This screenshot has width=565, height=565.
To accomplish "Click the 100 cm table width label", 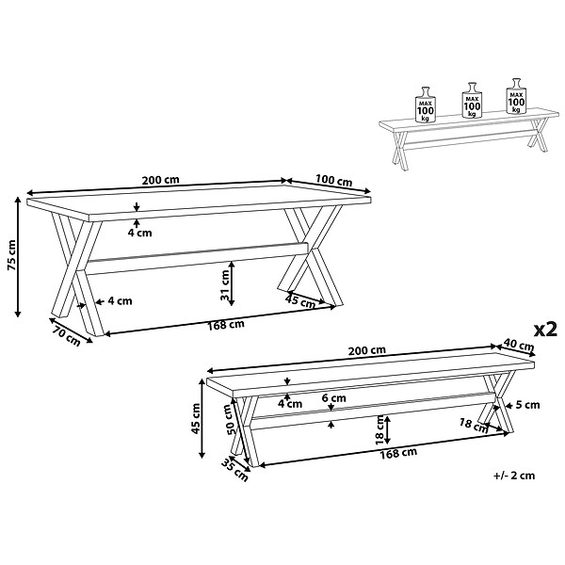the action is point(333,180).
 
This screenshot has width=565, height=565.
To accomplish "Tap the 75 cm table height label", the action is point(11,255).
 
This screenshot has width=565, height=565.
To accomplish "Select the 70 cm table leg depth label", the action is point(66,336).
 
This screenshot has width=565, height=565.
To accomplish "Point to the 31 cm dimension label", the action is point(225,285).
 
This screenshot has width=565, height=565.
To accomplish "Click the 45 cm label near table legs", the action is point(300,300).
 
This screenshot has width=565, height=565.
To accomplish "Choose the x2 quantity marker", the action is point(545,329).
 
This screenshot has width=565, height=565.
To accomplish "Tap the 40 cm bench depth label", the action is point(519,345).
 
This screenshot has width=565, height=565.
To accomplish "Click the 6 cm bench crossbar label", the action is point(333,398).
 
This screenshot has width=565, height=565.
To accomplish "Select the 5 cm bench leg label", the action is point(527,405).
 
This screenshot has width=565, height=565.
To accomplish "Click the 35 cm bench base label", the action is point(234,470).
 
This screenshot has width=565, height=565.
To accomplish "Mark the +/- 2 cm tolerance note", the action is point(514,476).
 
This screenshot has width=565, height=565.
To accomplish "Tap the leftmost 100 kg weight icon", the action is point(426,105).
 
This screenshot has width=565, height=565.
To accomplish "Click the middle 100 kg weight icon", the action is point(472,100).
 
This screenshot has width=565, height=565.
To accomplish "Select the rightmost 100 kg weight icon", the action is point(516,95).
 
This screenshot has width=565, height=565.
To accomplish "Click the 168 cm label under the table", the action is point(226,325).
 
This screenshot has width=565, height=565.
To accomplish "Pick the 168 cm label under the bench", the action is point(398,453).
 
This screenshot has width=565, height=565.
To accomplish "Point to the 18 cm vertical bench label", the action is point(379,429).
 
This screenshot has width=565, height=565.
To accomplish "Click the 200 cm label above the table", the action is point(160,180).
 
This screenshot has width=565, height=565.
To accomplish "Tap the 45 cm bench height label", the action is point(196,418).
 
